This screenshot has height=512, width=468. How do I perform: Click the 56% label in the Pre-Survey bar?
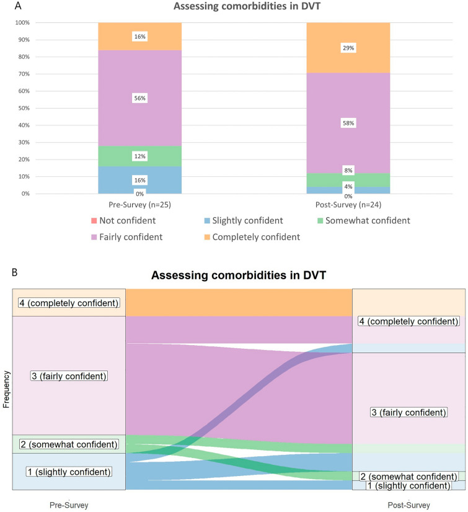139,98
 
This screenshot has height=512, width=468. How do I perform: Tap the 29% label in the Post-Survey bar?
348,48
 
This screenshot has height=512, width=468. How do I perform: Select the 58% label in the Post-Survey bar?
348,124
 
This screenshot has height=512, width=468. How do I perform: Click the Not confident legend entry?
128,220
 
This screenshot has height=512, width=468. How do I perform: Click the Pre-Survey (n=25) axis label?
139,203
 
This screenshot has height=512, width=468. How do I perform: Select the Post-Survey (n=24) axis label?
348,203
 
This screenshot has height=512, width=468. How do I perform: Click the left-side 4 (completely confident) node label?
68,303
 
